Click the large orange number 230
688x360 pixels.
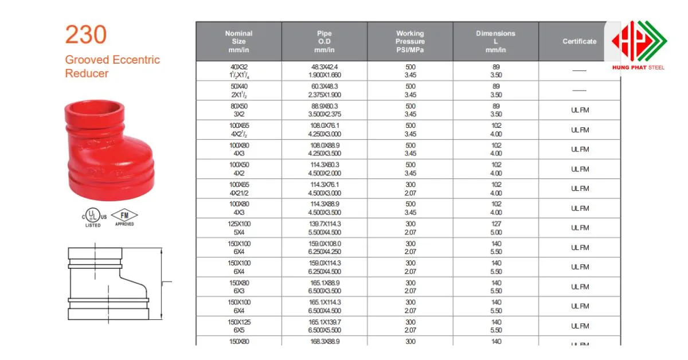pos(86,36)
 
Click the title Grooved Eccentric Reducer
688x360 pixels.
pos(112,66)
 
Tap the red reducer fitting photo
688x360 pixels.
pos(111,148)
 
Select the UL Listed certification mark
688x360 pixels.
pos(93,217)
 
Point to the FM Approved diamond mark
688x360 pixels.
pos(124,217)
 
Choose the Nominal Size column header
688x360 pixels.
pos(239,41)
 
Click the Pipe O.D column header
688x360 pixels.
pos(325,41)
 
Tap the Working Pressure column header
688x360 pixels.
pos(410,41)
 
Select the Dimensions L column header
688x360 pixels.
pos(495,41)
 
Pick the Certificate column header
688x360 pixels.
pos(579,41)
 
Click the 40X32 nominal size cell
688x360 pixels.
pos(239,71)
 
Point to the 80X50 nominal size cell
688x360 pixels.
pos(239,110)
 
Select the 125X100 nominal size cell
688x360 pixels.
pos(239,228)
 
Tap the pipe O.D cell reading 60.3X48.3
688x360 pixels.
pos(325,91)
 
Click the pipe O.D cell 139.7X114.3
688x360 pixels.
pos(325,228)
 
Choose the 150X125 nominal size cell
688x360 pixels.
pos(239,326)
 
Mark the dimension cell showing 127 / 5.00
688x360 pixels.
pos(495,228)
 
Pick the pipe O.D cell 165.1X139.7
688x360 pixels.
pos(325,326)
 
